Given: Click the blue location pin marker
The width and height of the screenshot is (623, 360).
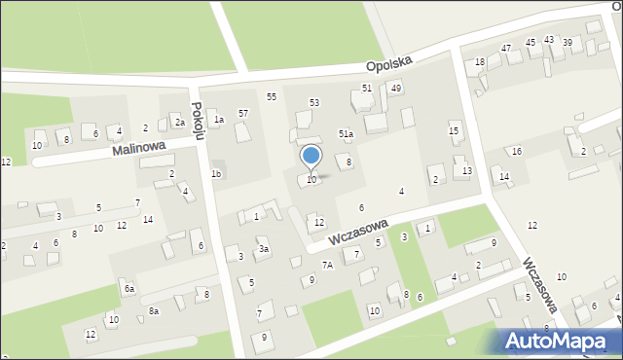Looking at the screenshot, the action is coord(311,157).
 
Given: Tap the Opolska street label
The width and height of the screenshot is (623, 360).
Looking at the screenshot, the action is coord(389,62).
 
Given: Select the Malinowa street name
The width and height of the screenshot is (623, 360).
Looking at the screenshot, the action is coord(139,149).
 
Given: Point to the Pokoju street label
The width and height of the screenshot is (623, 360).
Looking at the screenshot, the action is coord(198,123).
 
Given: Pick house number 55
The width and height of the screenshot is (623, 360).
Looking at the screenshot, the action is coord(272,96).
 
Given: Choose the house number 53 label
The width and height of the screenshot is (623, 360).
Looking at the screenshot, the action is coord(314,102).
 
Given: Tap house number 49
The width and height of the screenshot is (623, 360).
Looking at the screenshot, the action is coord(396,89).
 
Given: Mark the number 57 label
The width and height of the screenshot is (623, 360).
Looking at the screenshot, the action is coord(243,114).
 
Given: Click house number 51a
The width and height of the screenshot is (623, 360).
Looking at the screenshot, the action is coord(346,133).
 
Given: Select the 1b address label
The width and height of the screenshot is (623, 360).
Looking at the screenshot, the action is coord(216,174).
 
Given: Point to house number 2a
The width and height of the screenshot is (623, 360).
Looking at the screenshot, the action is coord(179,123).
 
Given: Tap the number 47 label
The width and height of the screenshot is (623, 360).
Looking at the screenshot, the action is coord(506,48).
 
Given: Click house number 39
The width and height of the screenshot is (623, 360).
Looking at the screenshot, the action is coord(567,42).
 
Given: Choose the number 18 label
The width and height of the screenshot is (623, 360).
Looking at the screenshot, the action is coord(480,62).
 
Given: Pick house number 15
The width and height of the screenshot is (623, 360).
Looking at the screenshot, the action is coord(454,130).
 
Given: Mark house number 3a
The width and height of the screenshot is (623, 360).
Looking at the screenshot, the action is coord(263,249).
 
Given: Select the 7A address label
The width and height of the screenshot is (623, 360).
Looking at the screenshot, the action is coord(328,265).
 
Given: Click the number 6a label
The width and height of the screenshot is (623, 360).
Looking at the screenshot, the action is coord(128,289).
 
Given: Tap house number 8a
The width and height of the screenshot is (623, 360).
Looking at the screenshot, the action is coord(154,311).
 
